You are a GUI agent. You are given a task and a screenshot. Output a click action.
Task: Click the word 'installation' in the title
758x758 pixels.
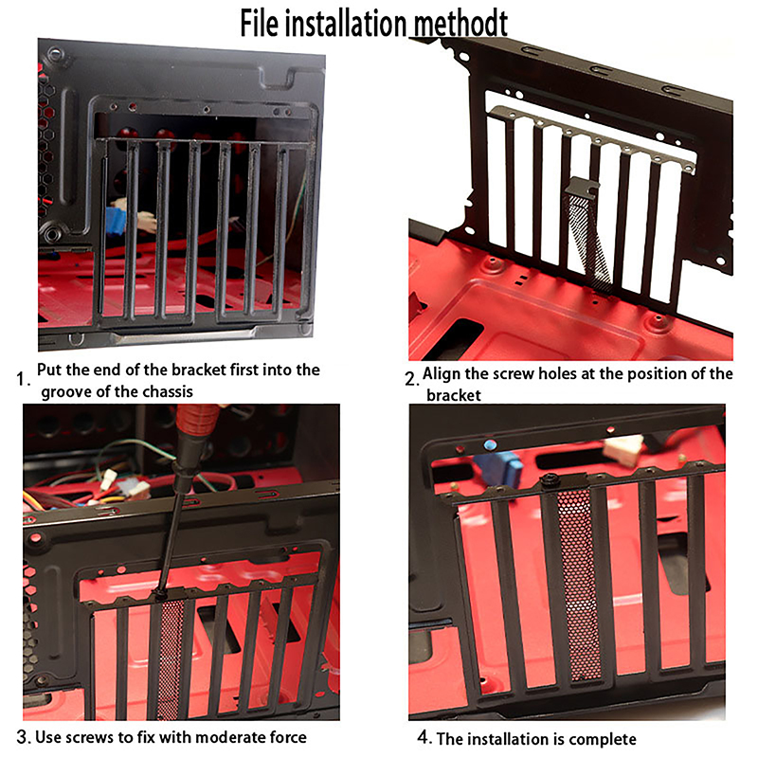(x=346, y=23)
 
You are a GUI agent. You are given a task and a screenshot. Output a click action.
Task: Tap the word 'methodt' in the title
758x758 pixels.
(x=460, y=23)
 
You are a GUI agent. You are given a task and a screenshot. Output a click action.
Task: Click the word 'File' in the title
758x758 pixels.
(x=259, y=23)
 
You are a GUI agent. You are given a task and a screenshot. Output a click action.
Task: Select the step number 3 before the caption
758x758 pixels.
(x=24, y=737)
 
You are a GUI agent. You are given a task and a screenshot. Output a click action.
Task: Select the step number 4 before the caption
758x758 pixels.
(x=424, y=737)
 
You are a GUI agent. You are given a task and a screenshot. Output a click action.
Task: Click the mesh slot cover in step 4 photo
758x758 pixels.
(x=578, y=585)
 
